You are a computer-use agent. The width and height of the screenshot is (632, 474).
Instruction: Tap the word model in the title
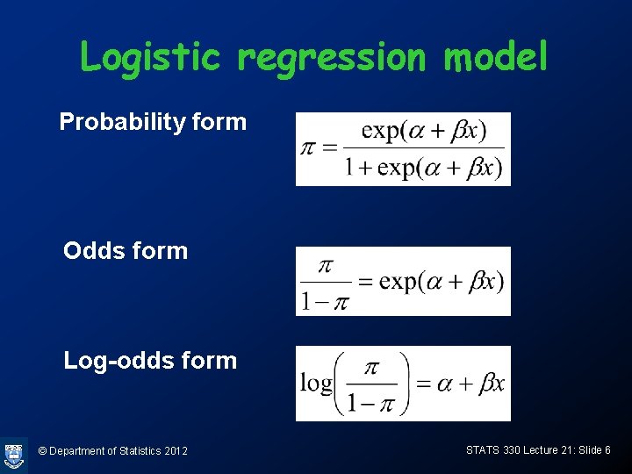[496, 58]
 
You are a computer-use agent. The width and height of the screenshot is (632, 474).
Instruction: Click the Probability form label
[153, 122]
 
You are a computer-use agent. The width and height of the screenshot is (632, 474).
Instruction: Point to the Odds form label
[126, 251]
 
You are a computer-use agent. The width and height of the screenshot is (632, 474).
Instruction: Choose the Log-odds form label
[150, 361]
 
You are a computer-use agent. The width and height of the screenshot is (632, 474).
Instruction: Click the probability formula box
[403, 149]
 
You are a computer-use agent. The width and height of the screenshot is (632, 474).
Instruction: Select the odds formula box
[403, 281]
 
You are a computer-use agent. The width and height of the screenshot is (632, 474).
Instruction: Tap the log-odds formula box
[403, 384]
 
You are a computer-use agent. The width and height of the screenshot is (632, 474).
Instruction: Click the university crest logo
[13, 455]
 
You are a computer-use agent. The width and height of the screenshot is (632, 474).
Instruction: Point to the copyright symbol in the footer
[43, 451]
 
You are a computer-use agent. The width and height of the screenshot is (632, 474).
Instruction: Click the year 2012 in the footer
[175, 451]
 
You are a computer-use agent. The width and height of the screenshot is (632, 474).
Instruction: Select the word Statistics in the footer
[135, 451]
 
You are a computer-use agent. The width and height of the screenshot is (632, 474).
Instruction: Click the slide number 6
[607, 450]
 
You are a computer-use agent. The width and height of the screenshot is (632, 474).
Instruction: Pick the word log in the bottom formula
[315, 384]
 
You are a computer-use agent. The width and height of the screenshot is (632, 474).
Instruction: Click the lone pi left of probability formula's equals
[307, 148]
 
